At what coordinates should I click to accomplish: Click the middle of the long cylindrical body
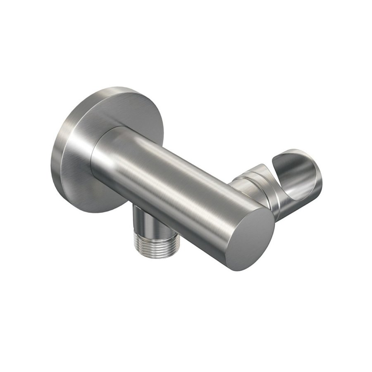pos(174,186)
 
